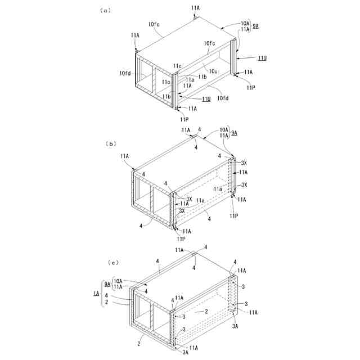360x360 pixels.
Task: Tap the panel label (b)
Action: [x=110, y=143]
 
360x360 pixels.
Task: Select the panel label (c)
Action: [x=113, y=262]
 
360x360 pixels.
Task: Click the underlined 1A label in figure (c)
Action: [x=96, y=294]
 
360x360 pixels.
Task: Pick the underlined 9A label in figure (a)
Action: [x=256, y=26]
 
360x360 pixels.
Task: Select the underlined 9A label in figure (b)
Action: [x=234, y=133]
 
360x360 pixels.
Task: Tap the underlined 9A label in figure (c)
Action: [x=107, y=284]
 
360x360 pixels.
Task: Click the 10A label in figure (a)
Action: [x=245, y=23]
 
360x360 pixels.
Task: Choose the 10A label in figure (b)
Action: [x=223, y=130]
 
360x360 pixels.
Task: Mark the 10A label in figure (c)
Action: [x=118, y=281]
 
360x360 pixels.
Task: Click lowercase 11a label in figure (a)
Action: [x=190, y=80]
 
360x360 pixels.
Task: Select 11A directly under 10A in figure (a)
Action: [x=245, y=29]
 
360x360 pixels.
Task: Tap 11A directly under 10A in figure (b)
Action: [x=223, y=136]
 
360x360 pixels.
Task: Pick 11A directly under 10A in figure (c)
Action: [x=118, y=287]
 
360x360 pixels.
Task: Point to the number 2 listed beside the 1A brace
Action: [x=106, y=302]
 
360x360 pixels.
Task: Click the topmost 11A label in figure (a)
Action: [x=195, y=8]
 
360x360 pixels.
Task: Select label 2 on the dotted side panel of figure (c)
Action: [x=206, y=311]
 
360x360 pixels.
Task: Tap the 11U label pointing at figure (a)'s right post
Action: [x=262, y=58]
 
